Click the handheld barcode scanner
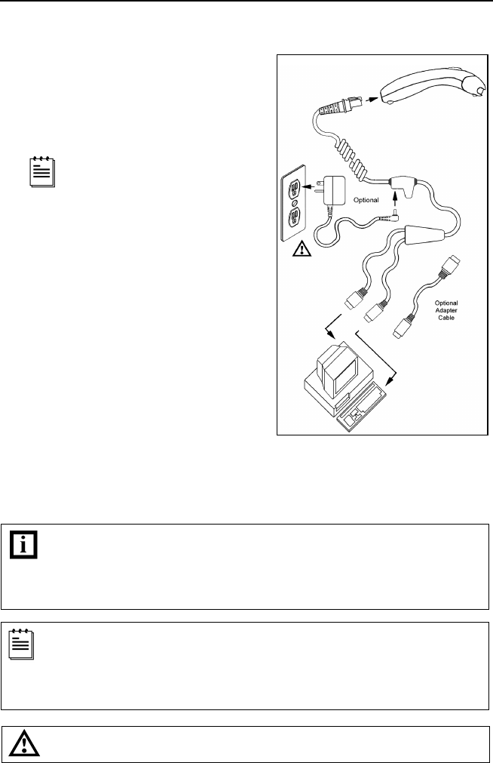click(425, 85)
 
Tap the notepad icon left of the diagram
click(38, 173)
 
